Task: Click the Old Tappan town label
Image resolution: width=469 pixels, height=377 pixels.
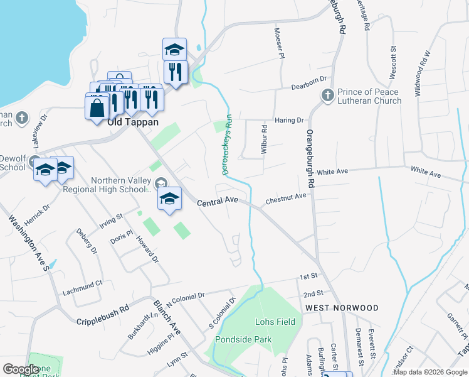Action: click(x=132, y=123)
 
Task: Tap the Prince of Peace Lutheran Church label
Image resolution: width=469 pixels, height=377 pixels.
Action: click(x=369, y=96)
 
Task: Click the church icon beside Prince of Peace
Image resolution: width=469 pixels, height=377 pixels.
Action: click(x=327, y=96)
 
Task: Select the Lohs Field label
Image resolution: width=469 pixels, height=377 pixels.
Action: click(x=275, y=322)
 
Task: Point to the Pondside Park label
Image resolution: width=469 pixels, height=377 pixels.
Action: click(x=243, y=339)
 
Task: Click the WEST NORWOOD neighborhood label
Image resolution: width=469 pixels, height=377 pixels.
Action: click(x=342, y=308)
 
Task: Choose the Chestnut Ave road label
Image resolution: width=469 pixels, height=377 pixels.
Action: click(x=286, y=199)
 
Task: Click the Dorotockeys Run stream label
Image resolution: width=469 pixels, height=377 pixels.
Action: click(x=226, y=148)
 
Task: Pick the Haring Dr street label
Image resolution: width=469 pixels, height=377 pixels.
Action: click(x=289, y=120)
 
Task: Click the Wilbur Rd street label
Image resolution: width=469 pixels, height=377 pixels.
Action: click(x=265, y=140)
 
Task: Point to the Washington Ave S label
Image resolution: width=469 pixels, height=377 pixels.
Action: click(x=29, y=243)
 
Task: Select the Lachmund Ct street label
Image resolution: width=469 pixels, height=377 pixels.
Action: click(x=82, y=288)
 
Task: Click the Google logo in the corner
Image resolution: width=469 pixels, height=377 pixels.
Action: click(x=21, y=369)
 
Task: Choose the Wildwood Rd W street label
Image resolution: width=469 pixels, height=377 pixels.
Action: click(x=422, y=72)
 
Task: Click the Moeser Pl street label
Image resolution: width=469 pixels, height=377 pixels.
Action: click(x=278, y=44)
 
